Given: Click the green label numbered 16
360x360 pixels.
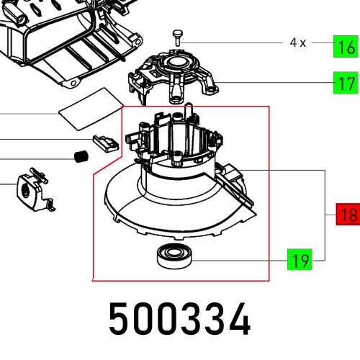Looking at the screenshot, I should coord(346,48).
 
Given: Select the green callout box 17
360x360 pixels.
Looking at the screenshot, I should coord(346,83).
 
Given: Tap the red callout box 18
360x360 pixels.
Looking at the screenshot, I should coord(348,215).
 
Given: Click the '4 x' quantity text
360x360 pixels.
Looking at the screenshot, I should coord(298,43).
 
